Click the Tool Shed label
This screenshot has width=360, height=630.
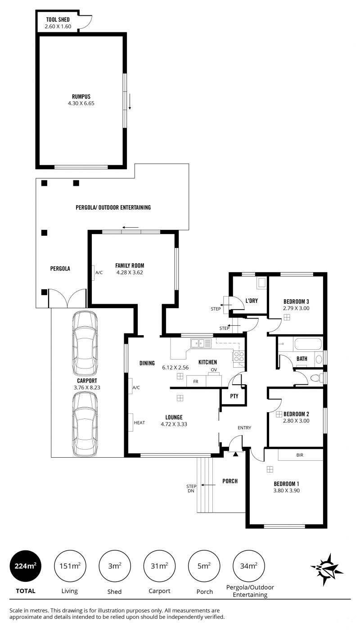(x=58, y=20)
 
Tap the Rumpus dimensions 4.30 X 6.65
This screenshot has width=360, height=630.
(x=81, y=103)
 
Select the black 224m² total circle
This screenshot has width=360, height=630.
(x=26, y=566)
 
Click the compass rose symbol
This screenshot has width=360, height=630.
(x=327, y=567)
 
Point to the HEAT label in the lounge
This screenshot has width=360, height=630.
(x=139, y=423)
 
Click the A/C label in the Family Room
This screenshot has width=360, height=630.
(x=99, y=273)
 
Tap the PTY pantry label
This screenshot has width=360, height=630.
(x=234, y=396)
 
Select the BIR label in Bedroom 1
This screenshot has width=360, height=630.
(x=300, y=455)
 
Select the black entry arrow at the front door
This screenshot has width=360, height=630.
(x=236, y=454)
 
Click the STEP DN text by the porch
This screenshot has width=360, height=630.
(x=191, y=488)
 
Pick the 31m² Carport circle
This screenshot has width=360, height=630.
(x=159, y=566)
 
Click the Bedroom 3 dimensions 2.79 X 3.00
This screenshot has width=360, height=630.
(x=296, y=308)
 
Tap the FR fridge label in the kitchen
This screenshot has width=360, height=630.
(x=196, y=382)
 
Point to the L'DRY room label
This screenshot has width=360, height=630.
(x=252, y=301)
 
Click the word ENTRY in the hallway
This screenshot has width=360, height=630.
(x=244, y=428)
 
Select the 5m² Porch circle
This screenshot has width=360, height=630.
(x=204, y=566)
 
